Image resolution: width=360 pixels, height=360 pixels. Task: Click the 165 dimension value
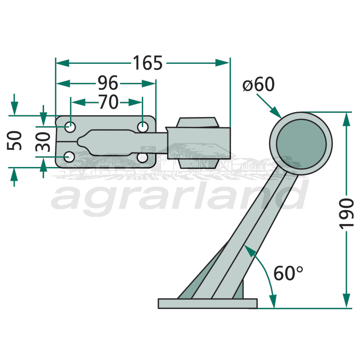click(148, 63)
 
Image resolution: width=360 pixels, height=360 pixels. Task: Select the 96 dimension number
click(108, 83)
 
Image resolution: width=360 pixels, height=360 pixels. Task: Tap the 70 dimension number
click(108, 102)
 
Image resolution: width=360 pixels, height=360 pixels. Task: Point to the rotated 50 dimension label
click(14, 140)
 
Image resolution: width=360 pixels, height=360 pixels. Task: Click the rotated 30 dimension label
click(43, 142)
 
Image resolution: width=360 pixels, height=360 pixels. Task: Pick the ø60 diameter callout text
click(258, 84)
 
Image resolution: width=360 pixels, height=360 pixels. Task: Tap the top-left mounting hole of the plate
click(70, 126)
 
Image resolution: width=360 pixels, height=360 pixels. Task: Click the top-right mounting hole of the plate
click(143, 126)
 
